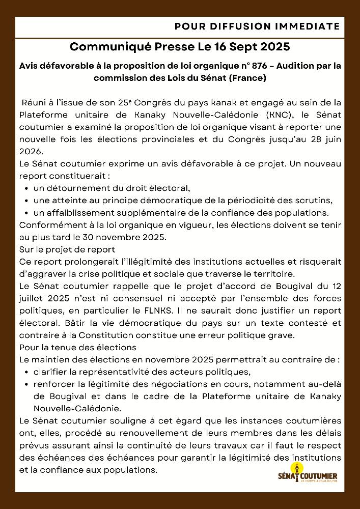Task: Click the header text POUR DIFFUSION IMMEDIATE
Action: (x=257, y=26)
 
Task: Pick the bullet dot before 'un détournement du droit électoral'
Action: (x=26, y=188)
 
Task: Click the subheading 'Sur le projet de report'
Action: (x=67, y=249)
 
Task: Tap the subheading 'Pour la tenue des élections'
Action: (x=77, y=348)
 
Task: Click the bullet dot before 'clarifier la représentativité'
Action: (x=26, y=372)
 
